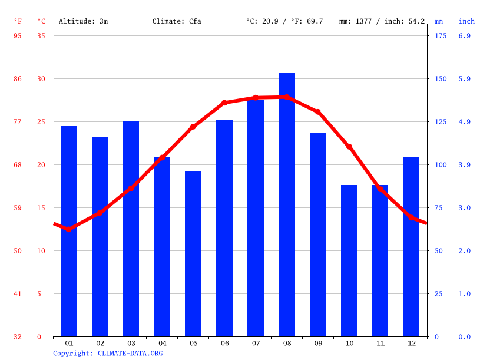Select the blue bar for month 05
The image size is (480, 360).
coord(193,253)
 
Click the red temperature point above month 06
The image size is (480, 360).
coord(224,103)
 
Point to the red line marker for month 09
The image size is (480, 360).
coord(317,111)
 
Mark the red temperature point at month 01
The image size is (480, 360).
coord(68,229)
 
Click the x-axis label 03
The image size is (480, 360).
coord(131,343)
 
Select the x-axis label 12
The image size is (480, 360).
coord(411,343)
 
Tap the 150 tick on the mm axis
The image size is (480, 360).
coord(440,78)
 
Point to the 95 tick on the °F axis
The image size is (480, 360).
coord(18,35)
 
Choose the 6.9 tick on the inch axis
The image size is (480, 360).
coord(465,35)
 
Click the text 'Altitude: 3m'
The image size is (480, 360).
coord(83,21)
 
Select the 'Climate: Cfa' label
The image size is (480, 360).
coord(177,21)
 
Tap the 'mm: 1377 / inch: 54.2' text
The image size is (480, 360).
coord(382,21)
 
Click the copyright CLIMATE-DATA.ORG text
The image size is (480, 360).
coord(108,353)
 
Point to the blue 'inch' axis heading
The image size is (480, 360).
coord(466,21)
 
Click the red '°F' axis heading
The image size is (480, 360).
coord(18,21)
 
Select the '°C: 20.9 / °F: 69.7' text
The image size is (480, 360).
coord(284,21)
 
